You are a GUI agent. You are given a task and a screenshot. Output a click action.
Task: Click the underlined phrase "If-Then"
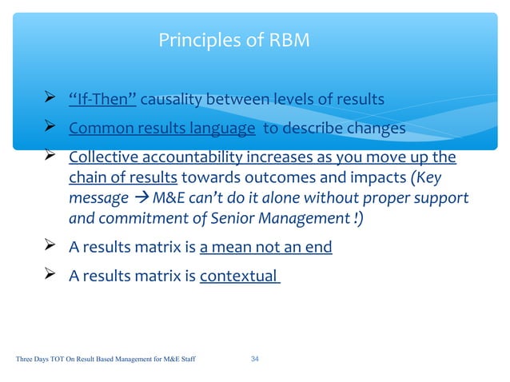point(102,100)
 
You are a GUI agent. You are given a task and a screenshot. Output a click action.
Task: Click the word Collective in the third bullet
point(103,157)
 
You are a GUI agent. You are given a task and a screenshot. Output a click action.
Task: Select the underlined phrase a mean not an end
point(265,247)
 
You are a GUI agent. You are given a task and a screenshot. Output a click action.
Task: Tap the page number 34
point(255,360)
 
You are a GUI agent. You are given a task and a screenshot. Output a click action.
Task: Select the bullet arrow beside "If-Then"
point(50,99)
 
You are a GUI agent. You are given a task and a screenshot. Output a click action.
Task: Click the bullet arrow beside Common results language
point(50,128)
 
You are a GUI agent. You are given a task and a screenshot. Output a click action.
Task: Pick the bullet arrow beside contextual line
point(50,276)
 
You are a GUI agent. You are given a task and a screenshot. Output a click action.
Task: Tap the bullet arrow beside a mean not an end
point(50,246)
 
